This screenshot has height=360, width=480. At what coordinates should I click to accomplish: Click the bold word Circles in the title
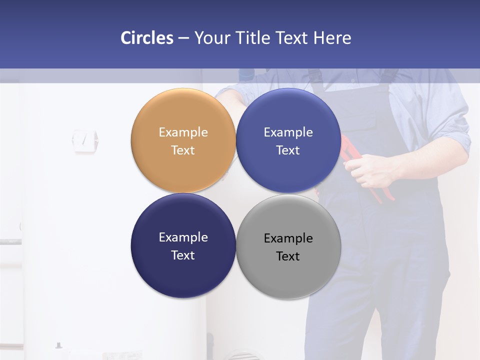147,38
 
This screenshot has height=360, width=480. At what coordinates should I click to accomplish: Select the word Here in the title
332,38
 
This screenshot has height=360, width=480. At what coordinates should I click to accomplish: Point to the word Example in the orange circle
183,132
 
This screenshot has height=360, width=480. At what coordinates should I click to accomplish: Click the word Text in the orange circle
183,150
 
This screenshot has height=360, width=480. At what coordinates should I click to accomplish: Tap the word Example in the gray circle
288,238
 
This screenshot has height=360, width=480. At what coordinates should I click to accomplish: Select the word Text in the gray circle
288,256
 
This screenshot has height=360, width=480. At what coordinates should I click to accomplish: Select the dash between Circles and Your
183,38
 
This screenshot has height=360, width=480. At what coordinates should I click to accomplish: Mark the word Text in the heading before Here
293,38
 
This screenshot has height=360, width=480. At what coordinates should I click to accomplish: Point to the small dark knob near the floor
58,345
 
